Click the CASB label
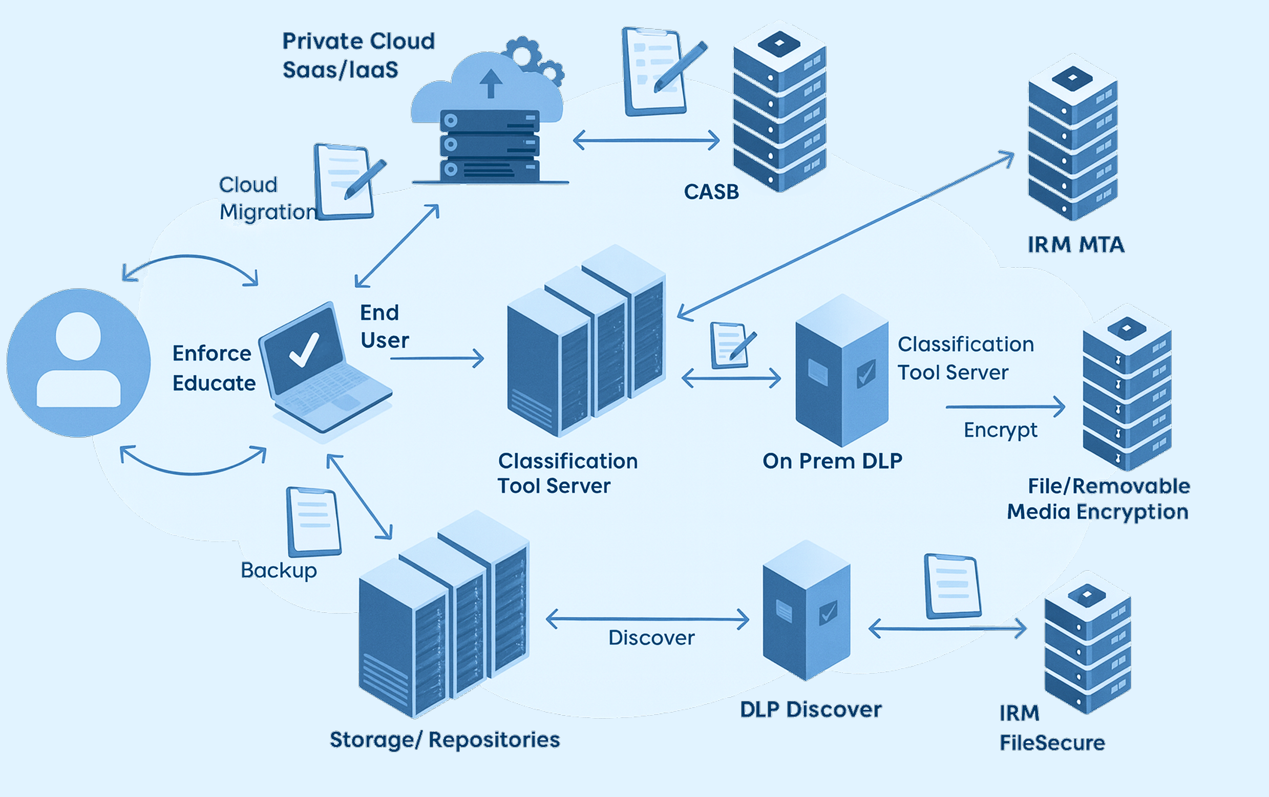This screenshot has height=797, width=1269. coord(711,192)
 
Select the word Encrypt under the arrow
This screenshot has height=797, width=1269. coord(1000,430)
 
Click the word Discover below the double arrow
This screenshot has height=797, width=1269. coord(651,638)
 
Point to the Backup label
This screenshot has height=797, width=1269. coord(279,570)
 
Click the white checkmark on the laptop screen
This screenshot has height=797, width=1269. coord(304,349)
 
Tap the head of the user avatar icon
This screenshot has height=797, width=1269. coord(78,336)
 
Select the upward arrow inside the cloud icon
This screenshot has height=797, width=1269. coord(491,83)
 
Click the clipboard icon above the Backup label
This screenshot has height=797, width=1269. coord(313,522)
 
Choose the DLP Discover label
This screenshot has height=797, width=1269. coord(811,709)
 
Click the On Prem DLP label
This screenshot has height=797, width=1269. coord(832,461)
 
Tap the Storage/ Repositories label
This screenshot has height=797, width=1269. coord(445,740)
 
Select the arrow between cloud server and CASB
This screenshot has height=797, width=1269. coord(646,140)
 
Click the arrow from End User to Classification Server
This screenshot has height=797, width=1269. coord(437,358)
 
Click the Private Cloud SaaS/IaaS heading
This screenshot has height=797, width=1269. coord(358,55)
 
